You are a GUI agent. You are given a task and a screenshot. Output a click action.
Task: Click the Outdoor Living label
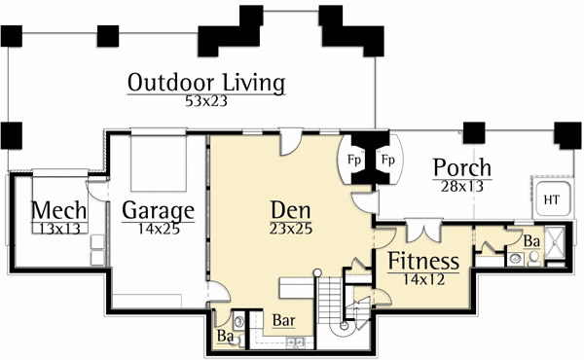(205, 83)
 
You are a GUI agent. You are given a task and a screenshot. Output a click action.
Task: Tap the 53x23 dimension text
(205, 100)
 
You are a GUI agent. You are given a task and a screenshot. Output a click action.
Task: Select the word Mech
(59, 211)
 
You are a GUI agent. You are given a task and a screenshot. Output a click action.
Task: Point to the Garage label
(159, 211)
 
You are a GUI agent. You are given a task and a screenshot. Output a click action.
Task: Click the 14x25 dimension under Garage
(159, 230)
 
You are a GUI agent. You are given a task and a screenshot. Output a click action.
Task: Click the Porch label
(461, 168)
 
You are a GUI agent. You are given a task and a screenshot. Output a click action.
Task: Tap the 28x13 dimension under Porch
(461, 186)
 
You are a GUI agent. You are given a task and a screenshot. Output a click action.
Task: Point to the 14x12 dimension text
(423, 278)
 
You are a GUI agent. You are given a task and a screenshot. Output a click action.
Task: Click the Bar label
(283, 318)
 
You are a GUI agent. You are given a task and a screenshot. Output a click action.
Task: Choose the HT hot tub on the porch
(551, 199)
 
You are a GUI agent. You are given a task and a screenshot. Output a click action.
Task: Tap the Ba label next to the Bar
(224, 337)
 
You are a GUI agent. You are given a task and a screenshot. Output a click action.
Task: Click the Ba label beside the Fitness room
(531, 240)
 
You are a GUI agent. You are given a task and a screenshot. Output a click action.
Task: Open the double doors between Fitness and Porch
(422, 229)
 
